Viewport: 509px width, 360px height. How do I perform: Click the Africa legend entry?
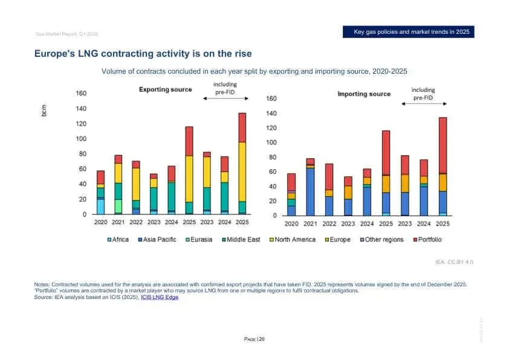(x=119, y=240)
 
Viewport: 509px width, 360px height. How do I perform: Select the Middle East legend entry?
(x=242, y=240)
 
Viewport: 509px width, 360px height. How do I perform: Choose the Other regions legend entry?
(x=381, y=240)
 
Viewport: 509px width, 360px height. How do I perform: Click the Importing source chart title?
(x=364, y=94)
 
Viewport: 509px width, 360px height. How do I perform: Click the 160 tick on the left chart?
(x=80, y=94)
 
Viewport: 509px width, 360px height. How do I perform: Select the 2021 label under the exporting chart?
(x=118, y=222)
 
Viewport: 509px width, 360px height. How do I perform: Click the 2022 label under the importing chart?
(x=329, y=223)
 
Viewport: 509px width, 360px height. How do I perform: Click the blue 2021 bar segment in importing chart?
(x=310, y=191)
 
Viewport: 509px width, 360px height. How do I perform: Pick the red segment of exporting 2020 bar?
(x=100, y=177)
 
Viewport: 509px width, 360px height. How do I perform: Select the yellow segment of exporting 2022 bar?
(x=136, y=184)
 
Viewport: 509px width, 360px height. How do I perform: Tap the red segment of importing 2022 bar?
(x=329, y=176)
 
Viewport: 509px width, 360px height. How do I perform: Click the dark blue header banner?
(x=407, y=31)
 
